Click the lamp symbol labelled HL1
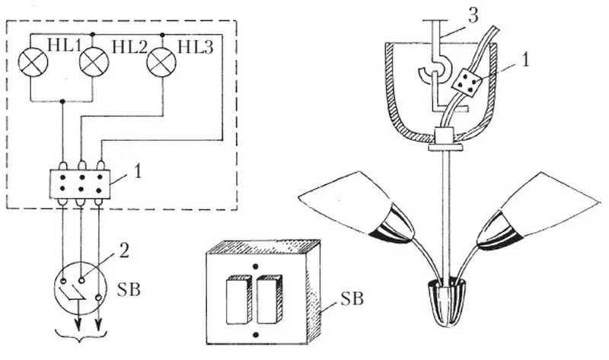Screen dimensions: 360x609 (32, 62)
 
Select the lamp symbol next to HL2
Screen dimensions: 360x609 (94, 62)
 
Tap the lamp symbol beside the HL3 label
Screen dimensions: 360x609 (160, 62)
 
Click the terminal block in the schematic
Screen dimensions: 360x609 (80, 183)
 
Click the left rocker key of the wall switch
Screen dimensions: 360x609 (239, 301)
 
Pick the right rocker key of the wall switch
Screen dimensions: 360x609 (269, 301)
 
